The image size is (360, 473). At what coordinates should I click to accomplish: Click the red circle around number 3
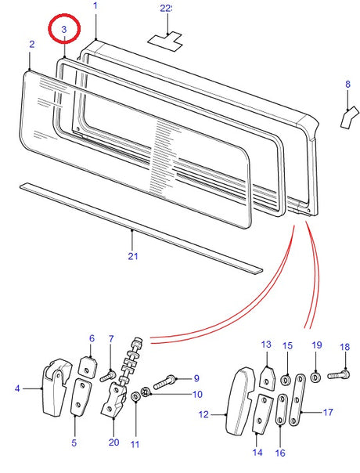pyautogui.click(x=64, y=31)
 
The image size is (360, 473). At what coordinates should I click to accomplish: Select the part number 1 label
pyautogui.click(x=95, y=6)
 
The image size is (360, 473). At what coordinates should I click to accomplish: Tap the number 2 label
pyautogui.click(x=31, y=45)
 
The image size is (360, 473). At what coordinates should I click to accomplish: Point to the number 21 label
pyautogui.click(x=133, y=256)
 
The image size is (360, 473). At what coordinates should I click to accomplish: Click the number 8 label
pyautogui.click(x=347, y=83)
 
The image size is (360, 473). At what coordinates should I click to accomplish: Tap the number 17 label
pyautogui.click(x=328, y=412)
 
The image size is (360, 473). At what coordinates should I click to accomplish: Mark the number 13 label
pyautogui.click(x=265, y=344)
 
